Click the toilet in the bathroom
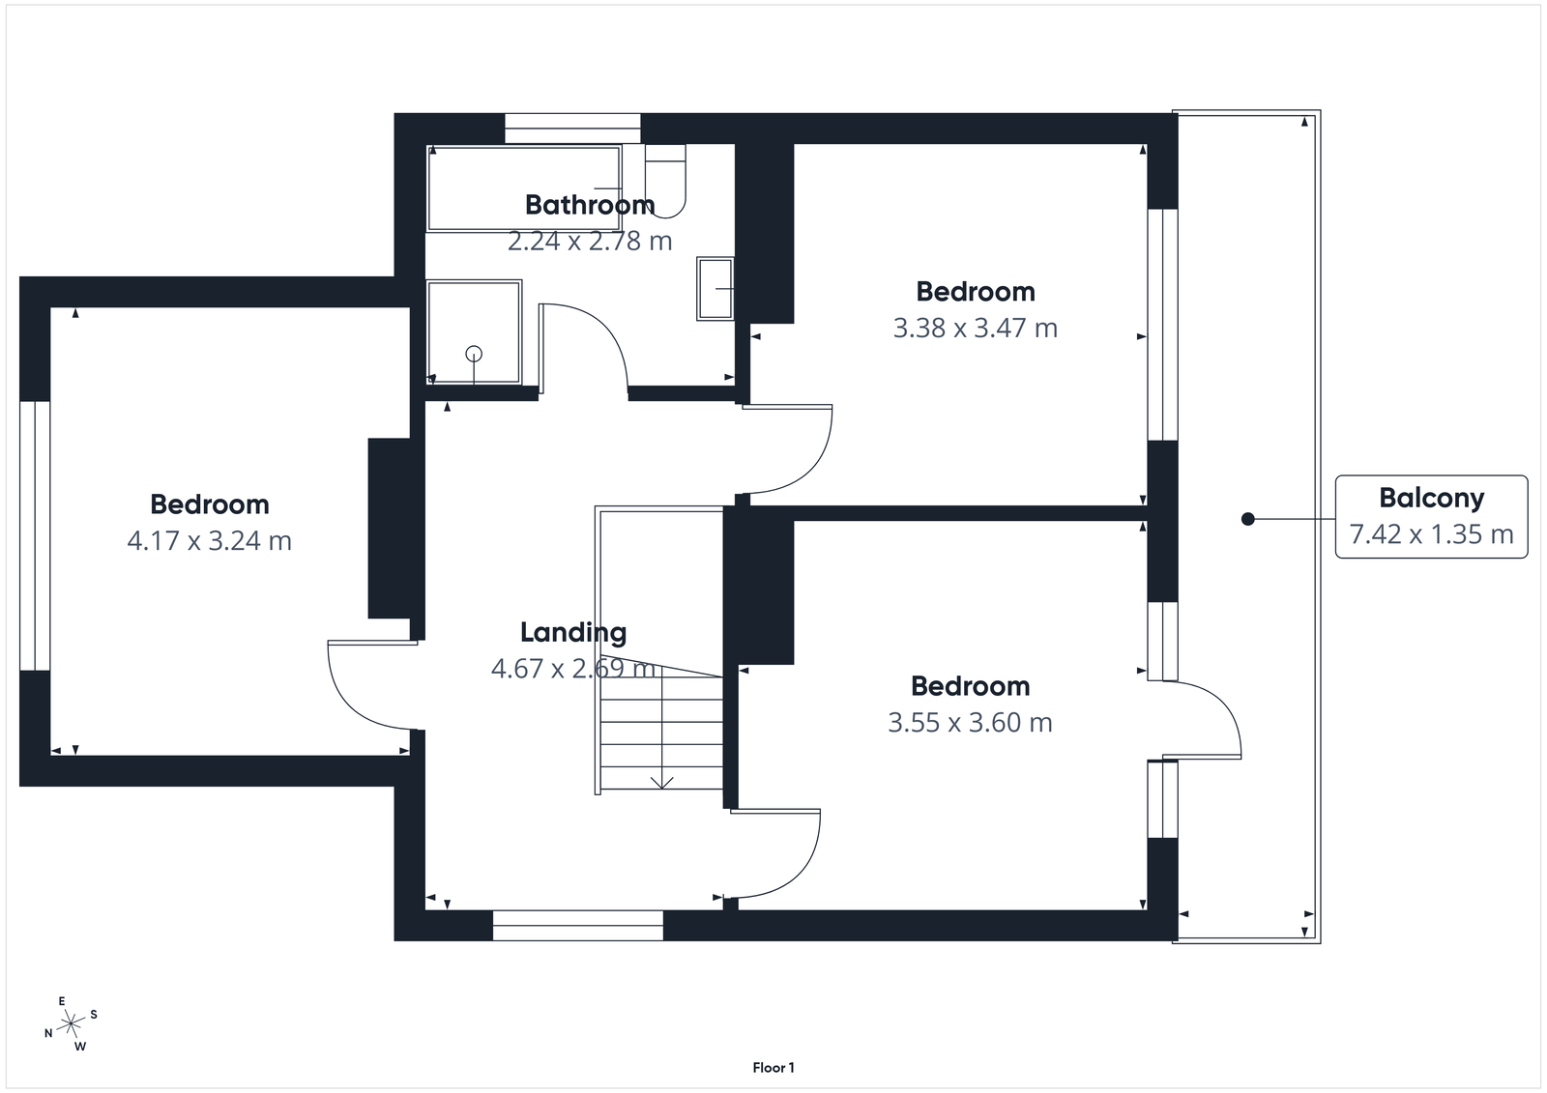pyautogui.click(x=665, y=181)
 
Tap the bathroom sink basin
pyautogui.click(x=715, y=288)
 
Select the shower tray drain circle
pyautogui.click(x=474, y=354)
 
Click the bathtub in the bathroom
pyautogui.click(x=524, y=188)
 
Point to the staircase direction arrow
pyautogui.click(x=662, y=781)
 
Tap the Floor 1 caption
pyautogui.click(x=773, y=1068)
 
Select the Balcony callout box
pyautogui.click(x=1431, y=516)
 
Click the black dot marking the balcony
pyautogui.click(x=1247, y=519)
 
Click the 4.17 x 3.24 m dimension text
pyautogui.click(x=209, y=541)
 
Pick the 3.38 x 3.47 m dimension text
pyautogui.click(x=975, y=329)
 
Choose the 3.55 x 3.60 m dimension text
pyautogui.click(x=970, y=723)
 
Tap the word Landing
pyautogui.click(x=573, y=633)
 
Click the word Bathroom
pyautogui.click(x=589, y=205)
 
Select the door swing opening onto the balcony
pyautogui.click(x=1209, y=715)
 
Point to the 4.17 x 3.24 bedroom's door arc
pyautogui.click(x=363, y=691)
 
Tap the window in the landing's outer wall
pyautogui.click(x=578, y=925)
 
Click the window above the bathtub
pyautogui.click(x=572, y=129)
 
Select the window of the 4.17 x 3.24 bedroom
pyautogui.click(x=35, y=535)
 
